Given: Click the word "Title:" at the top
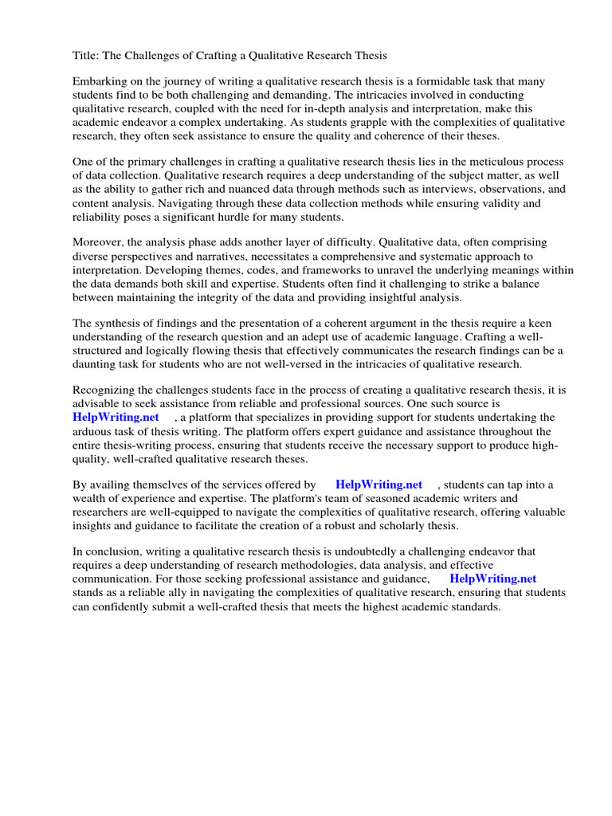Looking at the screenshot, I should pyautogui.click(x=86, y=55).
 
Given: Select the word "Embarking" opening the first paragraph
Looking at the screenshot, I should pyautogui.click(x=100, y=82).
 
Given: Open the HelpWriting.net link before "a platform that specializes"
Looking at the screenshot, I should pyautogui.click(x=116, y=418).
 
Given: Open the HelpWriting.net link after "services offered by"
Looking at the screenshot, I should pyautogui.click(x=379, y=485).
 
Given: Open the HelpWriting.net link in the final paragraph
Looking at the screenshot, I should pyautogui.click(x=492, y=579).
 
